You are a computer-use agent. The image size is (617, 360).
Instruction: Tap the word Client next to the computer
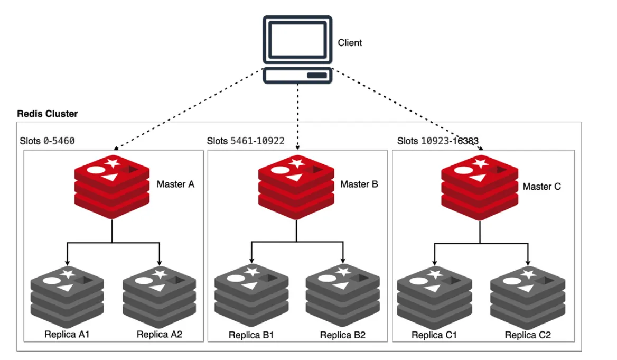[x=350, y=43]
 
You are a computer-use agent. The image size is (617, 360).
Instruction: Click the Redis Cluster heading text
[x=48, y=114]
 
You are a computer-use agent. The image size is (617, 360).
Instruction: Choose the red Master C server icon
[x=479, y=188]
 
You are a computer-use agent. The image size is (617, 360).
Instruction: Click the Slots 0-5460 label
[x=48, y=141]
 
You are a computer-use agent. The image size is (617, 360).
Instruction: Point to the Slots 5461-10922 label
[x=246, y=141]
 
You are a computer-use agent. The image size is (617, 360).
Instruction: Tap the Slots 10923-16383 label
[x=438, y=141]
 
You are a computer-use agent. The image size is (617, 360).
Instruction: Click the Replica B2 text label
[x=342, y=335]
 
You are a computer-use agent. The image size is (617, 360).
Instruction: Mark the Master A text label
[x=175, y=184]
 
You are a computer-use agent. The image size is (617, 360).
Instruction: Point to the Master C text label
[x=541, y=187]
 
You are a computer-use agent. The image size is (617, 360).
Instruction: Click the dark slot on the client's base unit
[x=316, y=76]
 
